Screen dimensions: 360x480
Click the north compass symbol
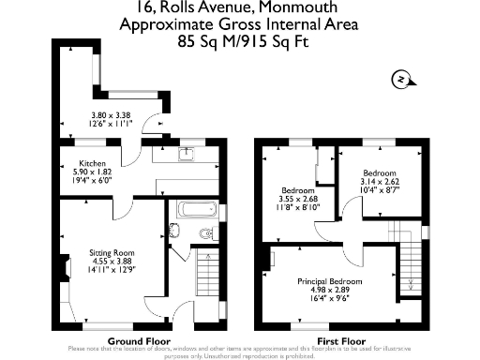(400, 81)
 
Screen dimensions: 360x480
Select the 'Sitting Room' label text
(112, 252)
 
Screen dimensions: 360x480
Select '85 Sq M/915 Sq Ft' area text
(240, 42)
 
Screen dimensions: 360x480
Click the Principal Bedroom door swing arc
(352, 251)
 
